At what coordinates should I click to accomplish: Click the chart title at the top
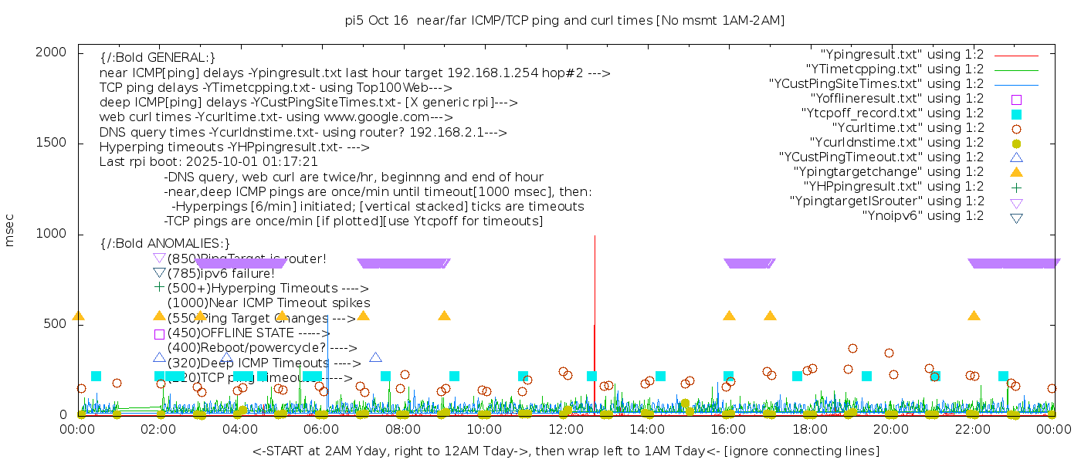(564, 21)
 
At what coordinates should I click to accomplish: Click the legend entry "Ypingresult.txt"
(902, 55)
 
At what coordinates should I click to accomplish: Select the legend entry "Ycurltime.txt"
(908, 128)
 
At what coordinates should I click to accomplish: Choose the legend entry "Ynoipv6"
(923, 216)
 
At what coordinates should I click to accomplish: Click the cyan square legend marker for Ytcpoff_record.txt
(1016, 114)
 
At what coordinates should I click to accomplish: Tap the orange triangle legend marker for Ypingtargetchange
(1016, 171)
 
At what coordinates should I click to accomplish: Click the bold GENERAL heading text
(158, 58)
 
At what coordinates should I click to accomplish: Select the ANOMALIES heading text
(165, 243)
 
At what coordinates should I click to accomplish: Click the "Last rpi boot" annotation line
(208, 162)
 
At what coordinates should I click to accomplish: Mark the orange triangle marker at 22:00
(974, 316)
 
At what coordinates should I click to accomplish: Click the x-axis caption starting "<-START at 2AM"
(565, 451)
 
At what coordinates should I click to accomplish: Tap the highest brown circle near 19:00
(852, 349)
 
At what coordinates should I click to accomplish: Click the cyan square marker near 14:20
(660, 376)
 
